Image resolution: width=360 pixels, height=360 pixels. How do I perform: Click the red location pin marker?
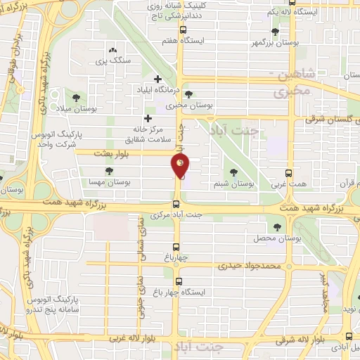(x=181, y=166)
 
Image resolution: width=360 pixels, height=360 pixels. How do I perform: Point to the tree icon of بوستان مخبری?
(x=188, y=94)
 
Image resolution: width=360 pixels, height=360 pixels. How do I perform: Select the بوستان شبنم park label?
(x=233, y=184)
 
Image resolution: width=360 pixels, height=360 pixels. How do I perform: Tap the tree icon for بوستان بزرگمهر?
(x=275, y=31)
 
